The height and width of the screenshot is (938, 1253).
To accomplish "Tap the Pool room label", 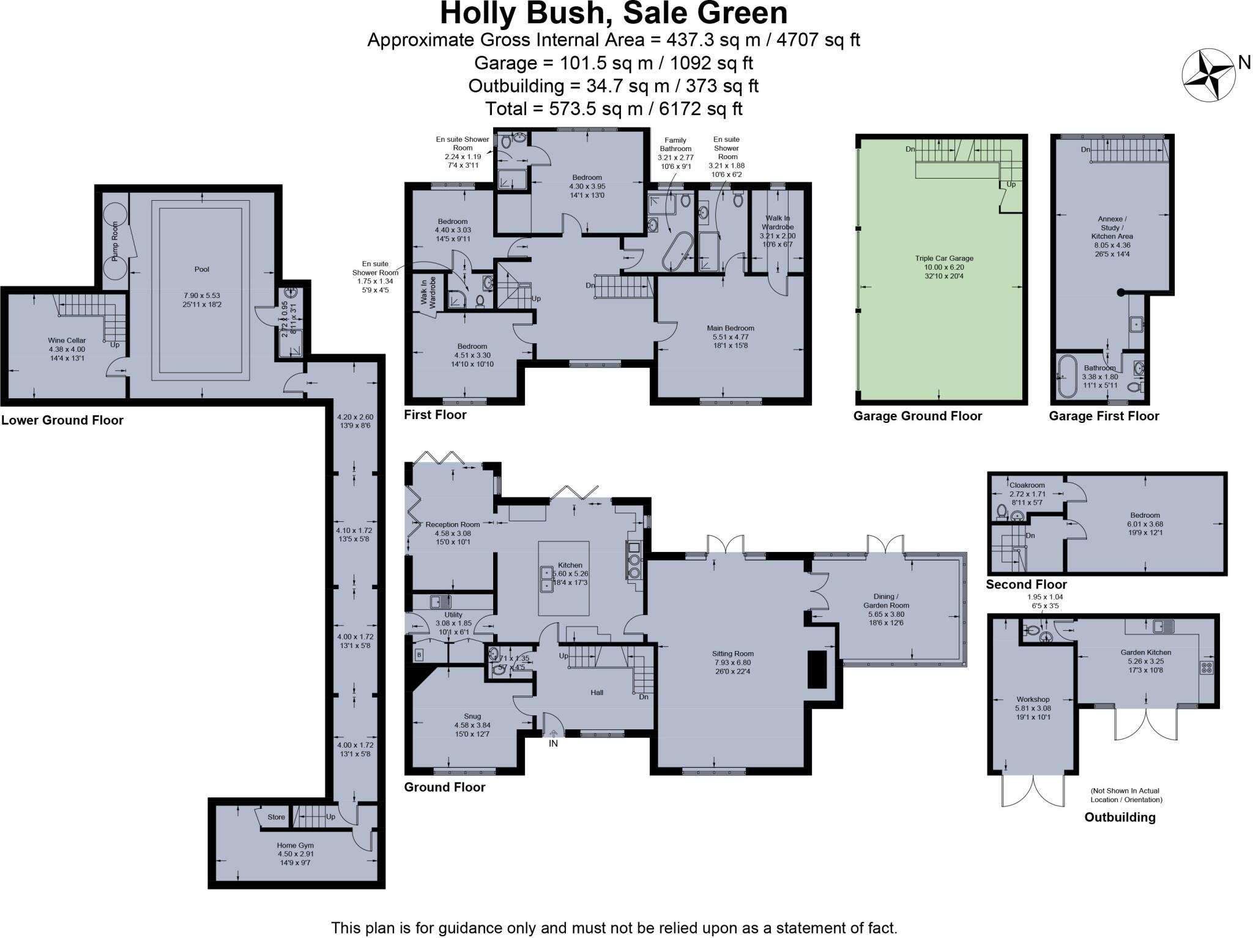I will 201,269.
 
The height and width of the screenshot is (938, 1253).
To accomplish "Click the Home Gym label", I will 295,845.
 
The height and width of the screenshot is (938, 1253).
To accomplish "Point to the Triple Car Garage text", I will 940,258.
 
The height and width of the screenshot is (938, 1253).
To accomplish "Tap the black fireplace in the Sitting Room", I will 817,669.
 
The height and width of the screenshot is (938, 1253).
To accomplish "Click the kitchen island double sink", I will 546,579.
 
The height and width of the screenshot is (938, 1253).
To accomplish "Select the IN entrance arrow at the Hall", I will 553,734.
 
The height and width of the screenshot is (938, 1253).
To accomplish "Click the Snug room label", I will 472,716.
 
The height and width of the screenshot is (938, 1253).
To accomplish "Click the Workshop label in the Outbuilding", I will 1033,699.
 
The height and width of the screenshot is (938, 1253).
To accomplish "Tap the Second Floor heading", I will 1026,584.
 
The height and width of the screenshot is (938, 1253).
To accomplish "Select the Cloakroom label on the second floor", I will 1027,485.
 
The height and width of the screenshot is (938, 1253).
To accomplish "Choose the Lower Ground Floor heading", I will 62,420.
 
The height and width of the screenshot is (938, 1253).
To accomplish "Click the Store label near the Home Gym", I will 276,817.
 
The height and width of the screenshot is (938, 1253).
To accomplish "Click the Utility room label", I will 453,614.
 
